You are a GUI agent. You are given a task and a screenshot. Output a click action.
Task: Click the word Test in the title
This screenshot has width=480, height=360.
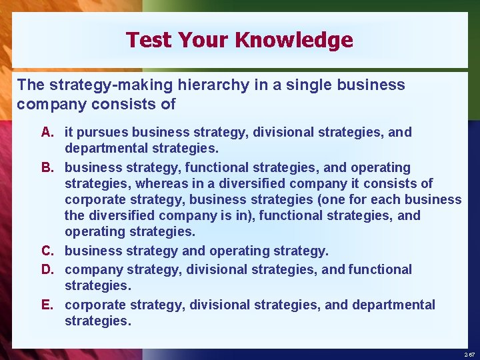(147, 40)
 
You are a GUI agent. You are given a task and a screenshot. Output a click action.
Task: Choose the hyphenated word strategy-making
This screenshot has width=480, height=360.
(97, 85)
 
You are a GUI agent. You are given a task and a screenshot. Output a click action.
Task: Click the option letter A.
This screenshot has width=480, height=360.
(47, 132)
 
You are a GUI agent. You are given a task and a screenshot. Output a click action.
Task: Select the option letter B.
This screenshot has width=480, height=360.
(47, 167)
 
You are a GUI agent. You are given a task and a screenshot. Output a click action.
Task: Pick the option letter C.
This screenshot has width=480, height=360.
(47, 251)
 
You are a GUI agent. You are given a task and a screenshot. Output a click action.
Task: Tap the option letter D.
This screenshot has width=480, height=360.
(47, 269)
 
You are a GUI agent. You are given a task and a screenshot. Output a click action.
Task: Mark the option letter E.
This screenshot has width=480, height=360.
(47, 305)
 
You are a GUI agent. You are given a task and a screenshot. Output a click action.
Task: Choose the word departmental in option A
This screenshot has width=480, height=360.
(106, 148)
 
